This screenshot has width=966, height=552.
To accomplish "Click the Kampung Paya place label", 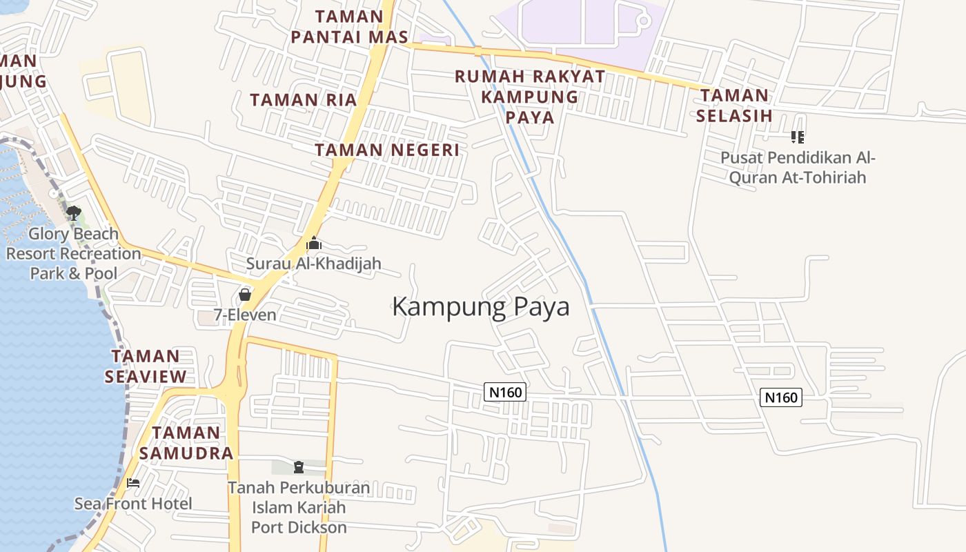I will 481,306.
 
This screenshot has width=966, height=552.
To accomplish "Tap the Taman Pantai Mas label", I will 349,27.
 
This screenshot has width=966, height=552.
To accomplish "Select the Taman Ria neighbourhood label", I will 304,100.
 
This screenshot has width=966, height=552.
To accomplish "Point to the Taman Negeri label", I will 387,150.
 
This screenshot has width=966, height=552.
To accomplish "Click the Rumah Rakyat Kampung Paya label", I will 530,97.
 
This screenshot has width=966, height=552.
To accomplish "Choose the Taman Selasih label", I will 734,106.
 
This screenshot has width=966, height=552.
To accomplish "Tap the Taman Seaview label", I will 146,366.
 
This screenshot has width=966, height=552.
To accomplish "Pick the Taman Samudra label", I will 186,443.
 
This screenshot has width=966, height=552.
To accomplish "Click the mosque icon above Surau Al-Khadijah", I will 314,243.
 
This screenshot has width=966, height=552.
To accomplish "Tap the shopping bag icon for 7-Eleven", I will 244,295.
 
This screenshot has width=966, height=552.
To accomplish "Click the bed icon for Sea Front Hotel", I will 133,483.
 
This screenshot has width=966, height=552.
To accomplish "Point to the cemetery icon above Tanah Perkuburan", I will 298,467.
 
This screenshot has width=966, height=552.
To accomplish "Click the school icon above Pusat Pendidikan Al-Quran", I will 798,137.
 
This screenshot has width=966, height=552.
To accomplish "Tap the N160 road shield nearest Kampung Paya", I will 505,393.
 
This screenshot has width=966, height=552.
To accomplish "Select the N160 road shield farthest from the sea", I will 781,397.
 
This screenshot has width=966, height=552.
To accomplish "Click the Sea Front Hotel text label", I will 133,504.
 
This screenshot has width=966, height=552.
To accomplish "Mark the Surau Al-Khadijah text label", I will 314,264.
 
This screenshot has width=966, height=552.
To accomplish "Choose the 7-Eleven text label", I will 244,315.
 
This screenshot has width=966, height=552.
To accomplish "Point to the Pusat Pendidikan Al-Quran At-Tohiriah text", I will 798,168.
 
